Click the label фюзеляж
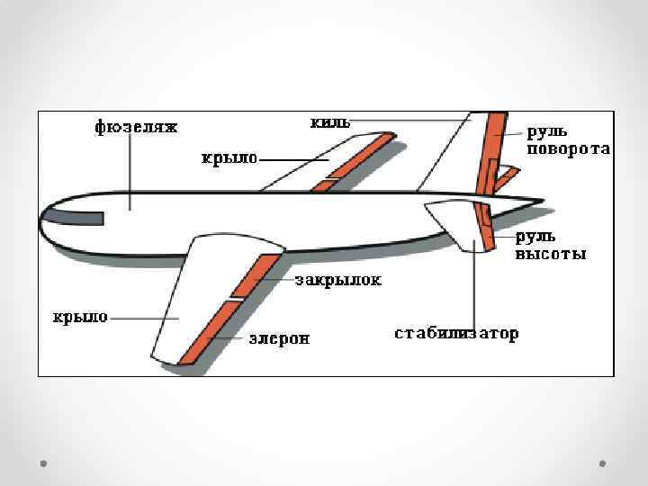click(137, 128)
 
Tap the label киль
click(329, 121)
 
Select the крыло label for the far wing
click(229, 159)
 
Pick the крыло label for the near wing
click(80, 317)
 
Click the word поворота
click(569, 149)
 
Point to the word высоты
click(550, 255)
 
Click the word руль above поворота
click(547, 132)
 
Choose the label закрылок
click(338, 280)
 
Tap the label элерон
click(279, 338)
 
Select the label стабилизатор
click(456, 334)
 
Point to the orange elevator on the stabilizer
click(485, 225)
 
